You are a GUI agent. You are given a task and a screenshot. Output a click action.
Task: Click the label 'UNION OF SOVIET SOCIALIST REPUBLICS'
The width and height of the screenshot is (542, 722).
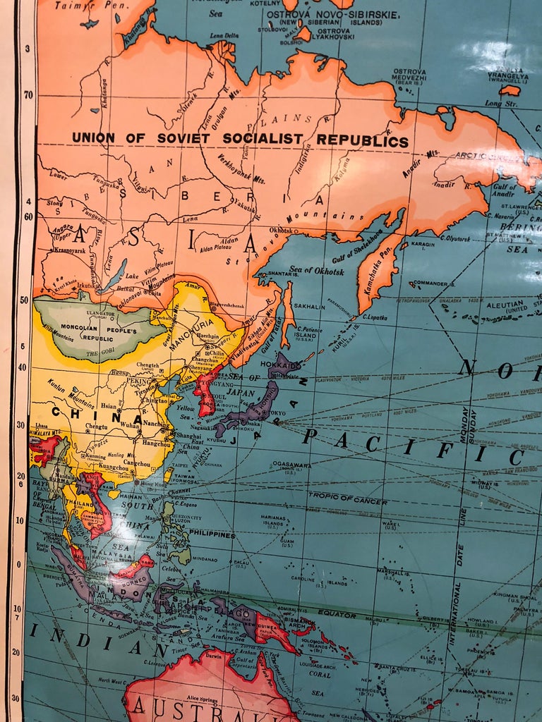tap(240, 140)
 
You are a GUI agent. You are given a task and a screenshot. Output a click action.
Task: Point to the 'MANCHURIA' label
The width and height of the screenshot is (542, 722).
tap(192, 326)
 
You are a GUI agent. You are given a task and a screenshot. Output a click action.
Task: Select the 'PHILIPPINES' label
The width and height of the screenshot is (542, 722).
tap(211, 535)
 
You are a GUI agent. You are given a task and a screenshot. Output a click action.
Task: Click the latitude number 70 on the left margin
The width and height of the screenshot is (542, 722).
tap(28, 93)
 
